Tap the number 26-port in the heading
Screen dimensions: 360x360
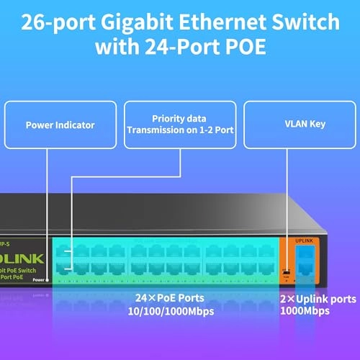[59, 23]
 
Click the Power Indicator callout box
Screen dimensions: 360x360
[60, 125]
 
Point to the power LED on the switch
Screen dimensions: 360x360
[48, 279]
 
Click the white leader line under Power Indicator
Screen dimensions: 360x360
[48, 202]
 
